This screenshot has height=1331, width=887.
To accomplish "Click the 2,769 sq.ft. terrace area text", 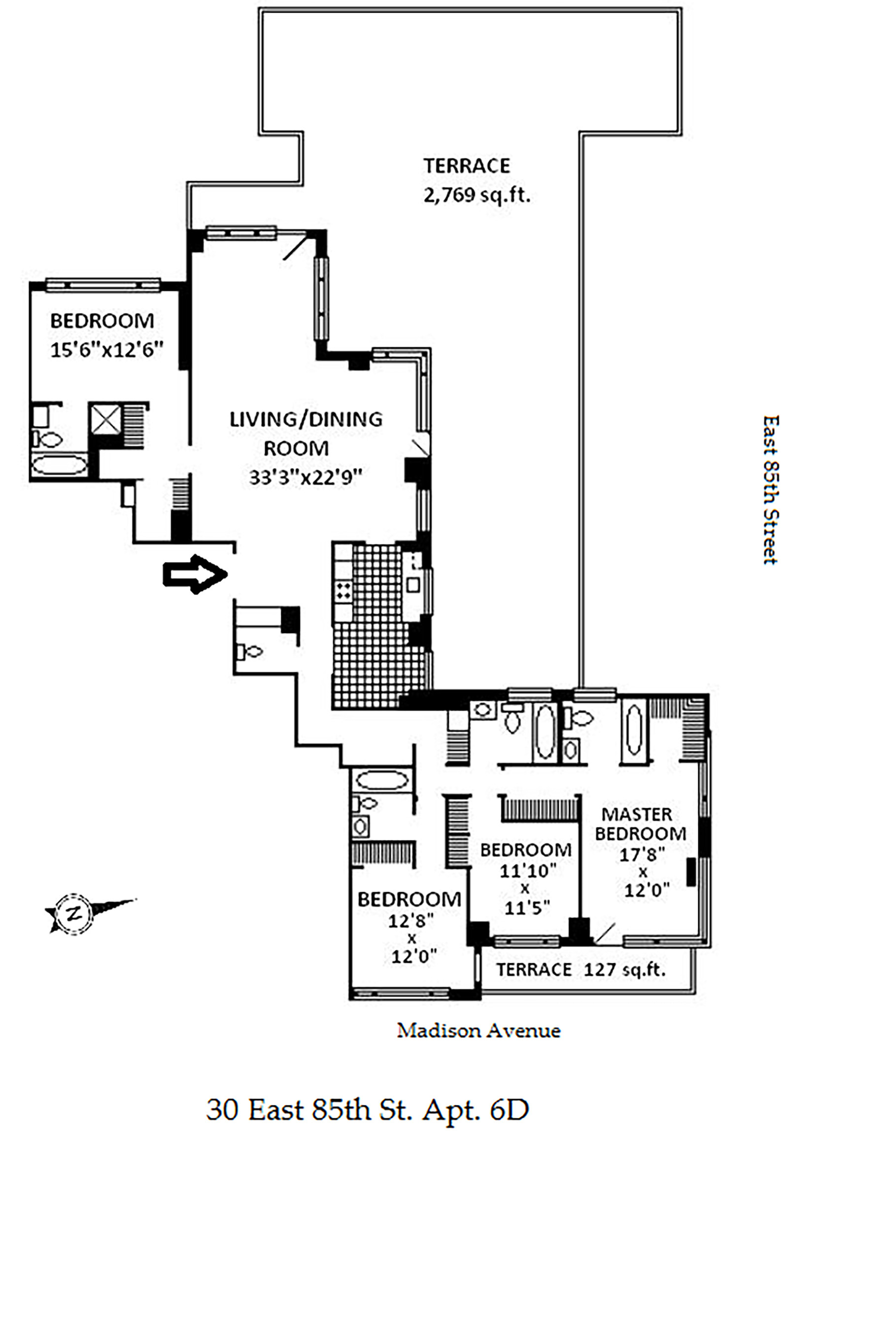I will click(x=477, y=196).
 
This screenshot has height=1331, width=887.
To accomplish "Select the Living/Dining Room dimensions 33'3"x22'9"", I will click(x=306, y=478).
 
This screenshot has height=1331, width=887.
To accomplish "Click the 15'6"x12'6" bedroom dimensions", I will click(x=107, y=350).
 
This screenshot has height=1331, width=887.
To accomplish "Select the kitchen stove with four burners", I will click(x=343, y=590).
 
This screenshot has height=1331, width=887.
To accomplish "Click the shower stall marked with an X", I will click(x=106, y=419).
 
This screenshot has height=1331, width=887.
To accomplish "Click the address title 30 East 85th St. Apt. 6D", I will click(x=368, y=1109).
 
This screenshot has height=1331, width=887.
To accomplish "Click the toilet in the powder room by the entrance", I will click(x=250, y=652).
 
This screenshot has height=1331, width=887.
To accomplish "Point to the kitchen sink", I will click(x=413, y=584).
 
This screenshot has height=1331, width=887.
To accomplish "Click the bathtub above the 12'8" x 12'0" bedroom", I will click(x=382, y=781).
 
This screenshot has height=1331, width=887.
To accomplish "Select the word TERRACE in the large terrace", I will click(x=467, y=166).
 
